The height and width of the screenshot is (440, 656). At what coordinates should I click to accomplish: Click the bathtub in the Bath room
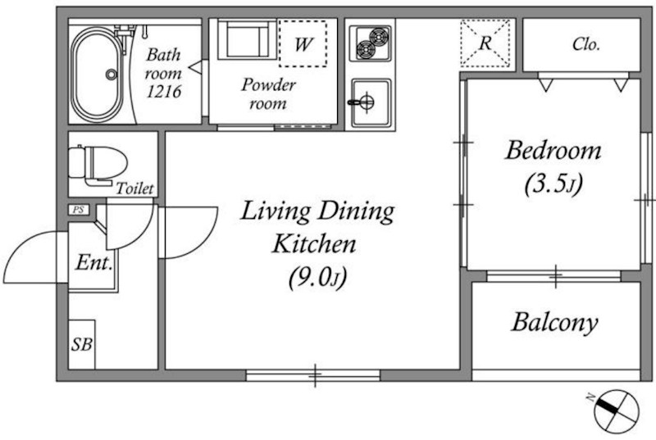[x=97, y=74]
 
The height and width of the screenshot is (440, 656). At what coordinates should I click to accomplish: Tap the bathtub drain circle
[x=112, y=75]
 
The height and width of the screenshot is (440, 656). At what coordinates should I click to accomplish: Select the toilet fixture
[x=98, y=165]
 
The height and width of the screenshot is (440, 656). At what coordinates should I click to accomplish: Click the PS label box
[x=79, y=210]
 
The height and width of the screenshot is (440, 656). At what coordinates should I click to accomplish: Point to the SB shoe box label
[x=81, y=345]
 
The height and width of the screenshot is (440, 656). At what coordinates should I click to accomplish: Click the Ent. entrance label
[x=94, y=262]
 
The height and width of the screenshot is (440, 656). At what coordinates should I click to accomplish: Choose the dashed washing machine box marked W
[x=303, y=43]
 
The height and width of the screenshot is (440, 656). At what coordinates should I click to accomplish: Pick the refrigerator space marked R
[x=485, y=43]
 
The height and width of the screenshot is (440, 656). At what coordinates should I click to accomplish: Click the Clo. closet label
[x=586, y=44]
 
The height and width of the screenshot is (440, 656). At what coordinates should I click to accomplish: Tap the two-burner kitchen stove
[x=371, y=43]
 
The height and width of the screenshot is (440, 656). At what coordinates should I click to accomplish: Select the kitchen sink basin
[x=371, y=102]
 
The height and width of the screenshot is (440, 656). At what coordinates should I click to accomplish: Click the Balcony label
[x=554, y=322]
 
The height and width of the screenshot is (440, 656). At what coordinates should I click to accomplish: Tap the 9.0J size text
[x=317, y=278]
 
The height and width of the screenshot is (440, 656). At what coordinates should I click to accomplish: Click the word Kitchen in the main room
[x=314, y=243]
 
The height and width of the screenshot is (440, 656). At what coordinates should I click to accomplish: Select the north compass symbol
[x=616, y=411]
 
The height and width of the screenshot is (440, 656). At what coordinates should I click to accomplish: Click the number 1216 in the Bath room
[x=164, y=91]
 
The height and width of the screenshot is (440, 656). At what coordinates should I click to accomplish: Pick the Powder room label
[x=268, y=94]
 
